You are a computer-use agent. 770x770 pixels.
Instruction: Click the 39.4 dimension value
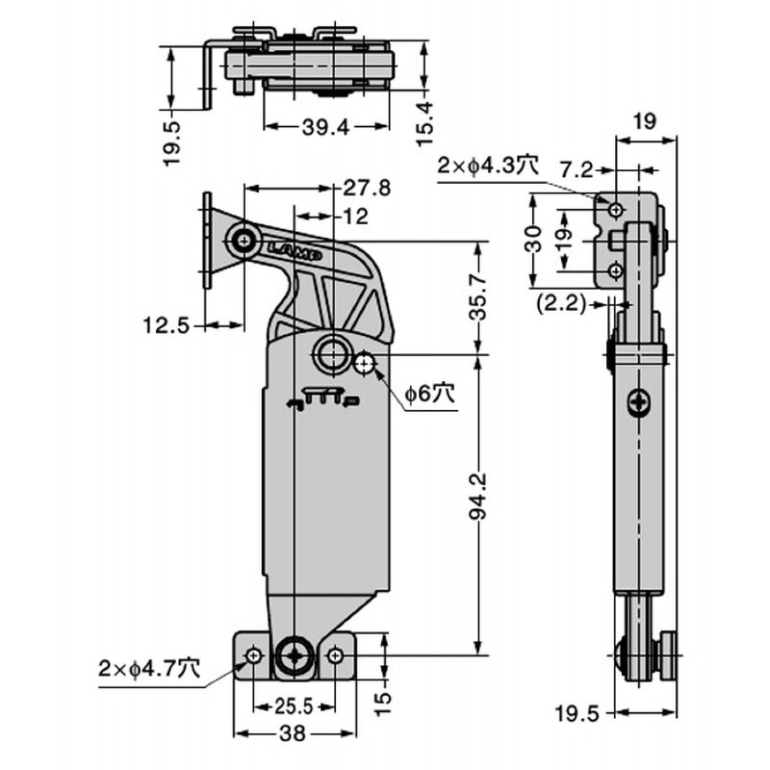(x=325, y=128)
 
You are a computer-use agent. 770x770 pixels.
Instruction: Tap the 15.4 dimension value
(x=425, y=123)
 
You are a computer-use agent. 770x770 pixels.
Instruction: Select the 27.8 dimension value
(x=367, y=188)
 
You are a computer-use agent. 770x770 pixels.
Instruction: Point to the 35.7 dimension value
(x=478, y=298)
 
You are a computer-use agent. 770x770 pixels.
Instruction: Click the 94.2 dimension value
(x=478, y=496)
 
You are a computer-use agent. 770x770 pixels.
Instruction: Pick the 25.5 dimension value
(x=294, y=706)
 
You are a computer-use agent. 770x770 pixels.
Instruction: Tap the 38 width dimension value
(x=293, y=733)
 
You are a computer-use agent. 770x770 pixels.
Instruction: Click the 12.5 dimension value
(x=166, y=325)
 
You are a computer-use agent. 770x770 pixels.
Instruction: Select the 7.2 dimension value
(x=577, y=170)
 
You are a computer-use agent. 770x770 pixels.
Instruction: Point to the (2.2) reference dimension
(x=561, y=304)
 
